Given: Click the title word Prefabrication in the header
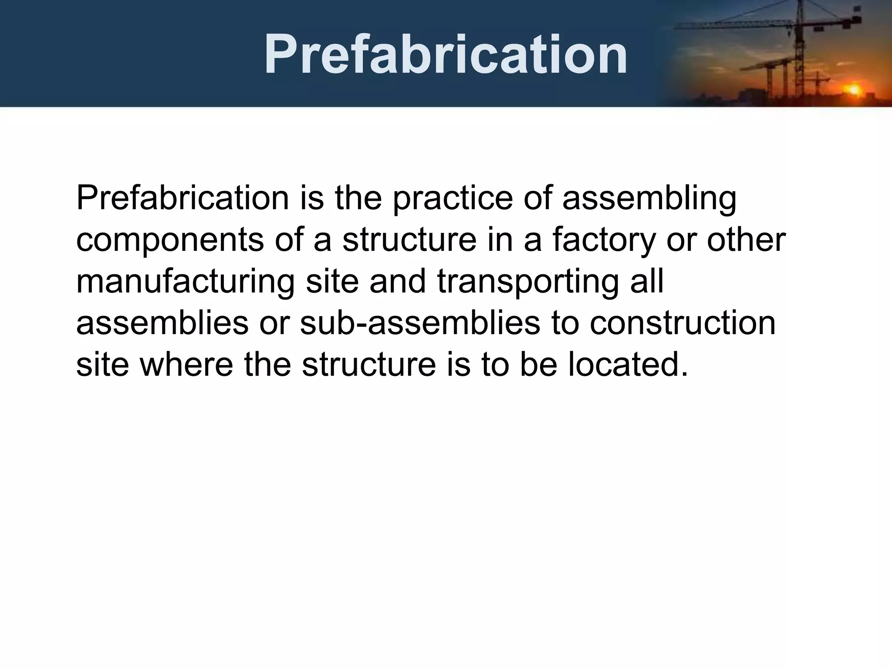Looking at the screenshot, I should [446, 54].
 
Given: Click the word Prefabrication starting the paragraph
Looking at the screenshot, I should [182, 198].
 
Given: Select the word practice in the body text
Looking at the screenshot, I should [453, 198].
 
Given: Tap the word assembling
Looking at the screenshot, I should [649, 198].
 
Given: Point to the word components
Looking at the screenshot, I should [170, 240].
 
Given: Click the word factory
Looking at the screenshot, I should [604, 240].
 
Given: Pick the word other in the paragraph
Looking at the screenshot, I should [746, 240].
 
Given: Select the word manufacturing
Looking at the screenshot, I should [186, 282].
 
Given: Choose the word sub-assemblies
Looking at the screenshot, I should [420, 324].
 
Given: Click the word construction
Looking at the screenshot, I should [683, 324].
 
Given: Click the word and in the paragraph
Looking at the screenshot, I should [398, 282].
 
